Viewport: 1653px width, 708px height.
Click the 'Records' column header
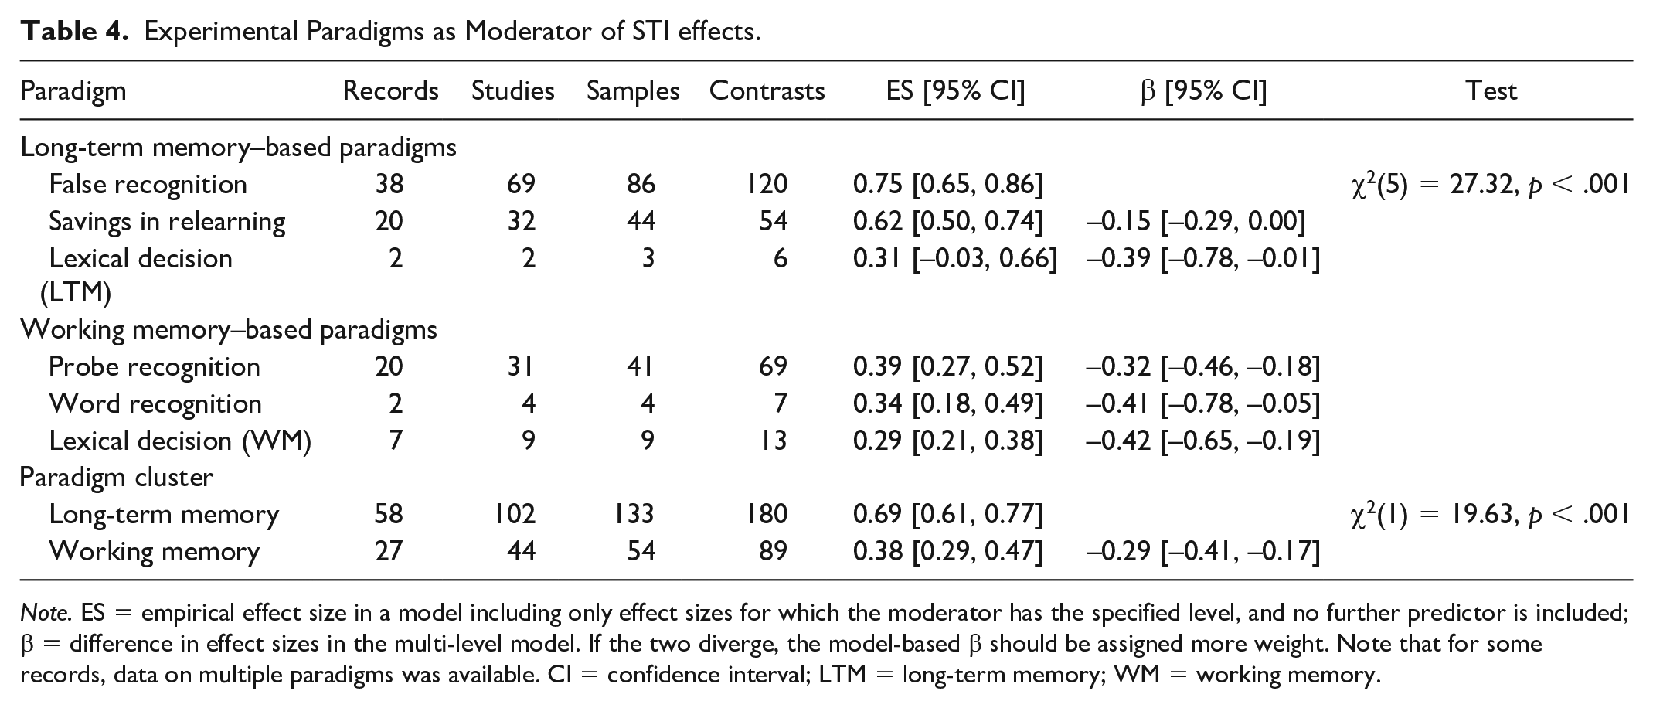coord(390,91)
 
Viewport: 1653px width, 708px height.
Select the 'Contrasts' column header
coord(767,91)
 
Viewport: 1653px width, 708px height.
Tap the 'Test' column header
coord(1491,91)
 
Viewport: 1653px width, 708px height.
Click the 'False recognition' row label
coord(148,185)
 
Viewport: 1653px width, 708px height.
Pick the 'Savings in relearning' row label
coord(167,222)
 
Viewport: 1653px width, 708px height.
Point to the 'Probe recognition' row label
coord(155,366)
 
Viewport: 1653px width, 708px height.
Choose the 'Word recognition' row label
coord(155,403)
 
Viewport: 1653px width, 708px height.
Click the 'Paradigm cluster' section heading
coord(116,478)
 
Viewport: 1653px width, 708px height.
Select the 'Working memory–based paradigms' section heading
coord(229,330)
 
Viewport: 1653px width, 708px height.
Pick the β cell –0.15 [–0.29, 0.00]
coord(1196,222)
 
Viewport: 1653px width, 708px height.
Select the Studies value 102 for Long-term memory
coord(515,515)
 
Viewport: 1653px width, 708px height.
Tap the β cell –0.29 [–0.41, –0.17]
coord(1203,552)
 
